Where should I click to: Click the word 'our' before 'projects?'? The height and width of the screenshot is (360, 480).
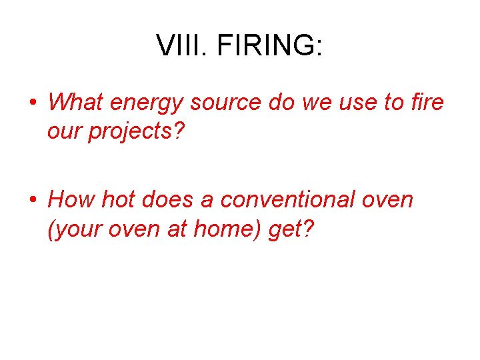(x=63, y=132)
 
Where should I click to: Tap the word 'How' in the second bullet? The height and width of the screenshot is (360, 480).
(x=71, y=199)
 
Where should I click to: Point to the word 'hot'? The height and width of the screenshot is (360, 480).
(x=119, y=199)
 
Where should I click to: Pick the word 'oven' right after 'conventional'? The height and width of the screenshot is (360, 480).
(x=387, y=199)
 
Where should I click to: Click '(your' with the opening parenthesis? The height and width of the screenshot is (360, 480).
(x=71, y=229)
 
